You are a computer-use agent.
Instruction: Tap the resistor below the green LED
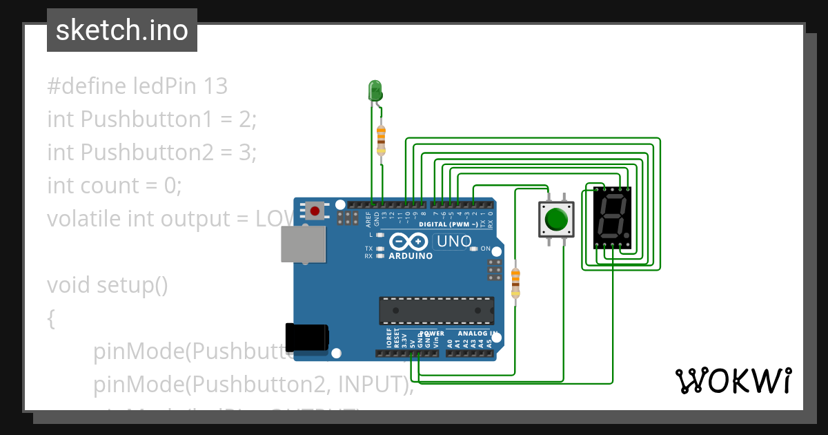[380, 139]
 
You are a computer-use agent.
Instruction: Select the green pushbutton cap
[555, 220]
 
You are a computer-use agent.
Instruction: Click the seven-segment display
[611, 217]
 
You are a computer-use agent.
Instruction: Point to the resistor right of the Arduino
[515, 283]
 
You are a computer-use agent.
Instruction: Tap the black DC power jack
[307, 336]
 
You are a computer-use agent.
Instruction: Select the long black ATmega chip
[436, 311]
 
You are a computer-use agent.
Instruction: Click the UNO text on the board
[454, 242]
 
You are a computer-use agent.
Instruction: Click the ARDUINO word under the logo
[411, 256]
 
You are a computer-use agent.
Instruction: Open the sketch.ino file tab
[122, 30]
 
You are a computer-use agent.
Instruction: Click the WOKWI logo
[733, 380]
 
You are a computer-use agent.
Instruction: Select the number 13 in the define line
[215, 86]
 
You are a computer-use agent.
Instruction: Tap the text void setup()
[108, 285]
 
